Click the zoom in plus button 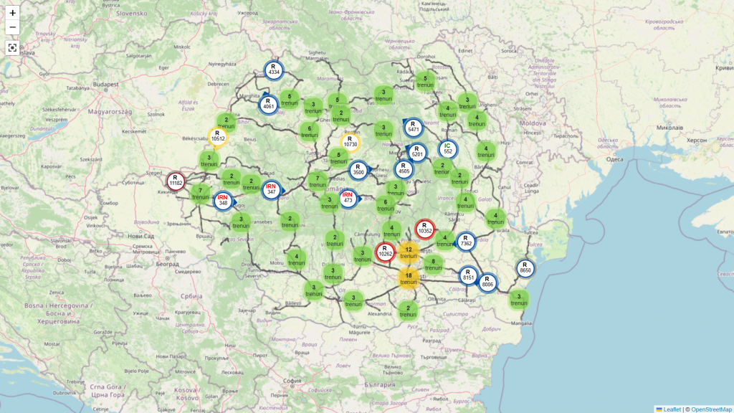click(12, 13)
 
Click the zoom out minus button click(12, 28)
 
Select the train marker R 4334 click(273, 70)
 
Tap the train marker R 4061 click(269, 105)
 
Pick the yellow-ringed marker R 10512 click(218, 136)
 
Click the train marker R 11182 click(176, 181)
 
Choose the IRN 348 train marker click(223, 200)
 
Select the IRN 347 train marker click(271, 190)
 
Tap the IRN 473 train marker click(348, 198)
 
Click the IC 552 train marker click(447, 149)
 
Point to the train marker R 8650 click(525, 268)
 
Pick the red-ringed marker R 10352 click(424, 229)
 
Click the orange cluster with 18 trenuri click(409, 278)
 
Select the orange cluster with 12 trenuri click(409, 252)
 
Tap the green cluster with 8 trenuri click(433, 265)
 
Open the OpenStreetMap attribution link click(711, 409)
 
